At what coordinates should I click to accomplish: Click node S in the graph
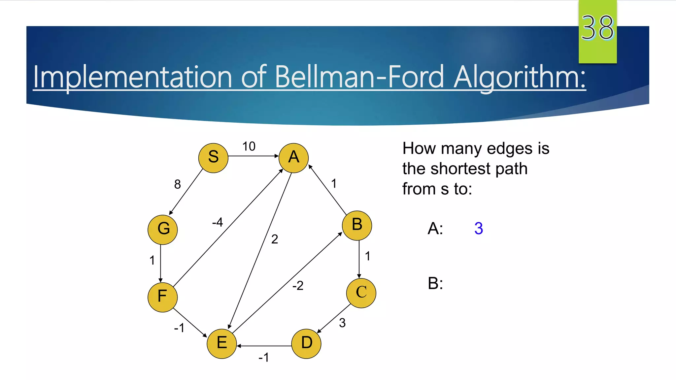(213, 158)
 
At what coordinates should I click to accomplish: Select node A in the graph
(293, 158)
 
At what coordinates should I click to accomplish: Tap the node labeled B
(357, 225)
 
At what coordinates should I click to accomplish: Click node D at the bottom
(306, 343)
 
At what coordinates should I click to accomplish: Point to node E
(222, 343)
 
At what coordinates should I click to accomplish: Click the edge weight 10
(249, 146)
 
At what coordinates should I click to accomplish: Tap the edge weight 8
(178, 184)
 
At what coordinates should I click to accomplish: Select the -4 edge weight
(218, 222)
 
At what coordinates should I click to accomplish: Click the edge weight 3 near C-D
(342, 323)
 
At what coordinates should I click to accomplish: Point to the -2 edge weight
(298, 286)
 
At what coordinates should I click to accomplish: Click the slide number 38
(597, 28)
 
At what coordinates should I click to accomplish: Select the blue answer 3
(479, 228)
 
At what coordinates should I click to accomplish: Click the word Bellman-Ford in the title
(359, 77)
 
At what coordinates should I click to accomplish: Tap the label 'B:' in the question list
(435, 283)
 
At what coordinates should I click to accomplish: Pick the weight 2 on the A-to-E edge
(275, 239)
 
